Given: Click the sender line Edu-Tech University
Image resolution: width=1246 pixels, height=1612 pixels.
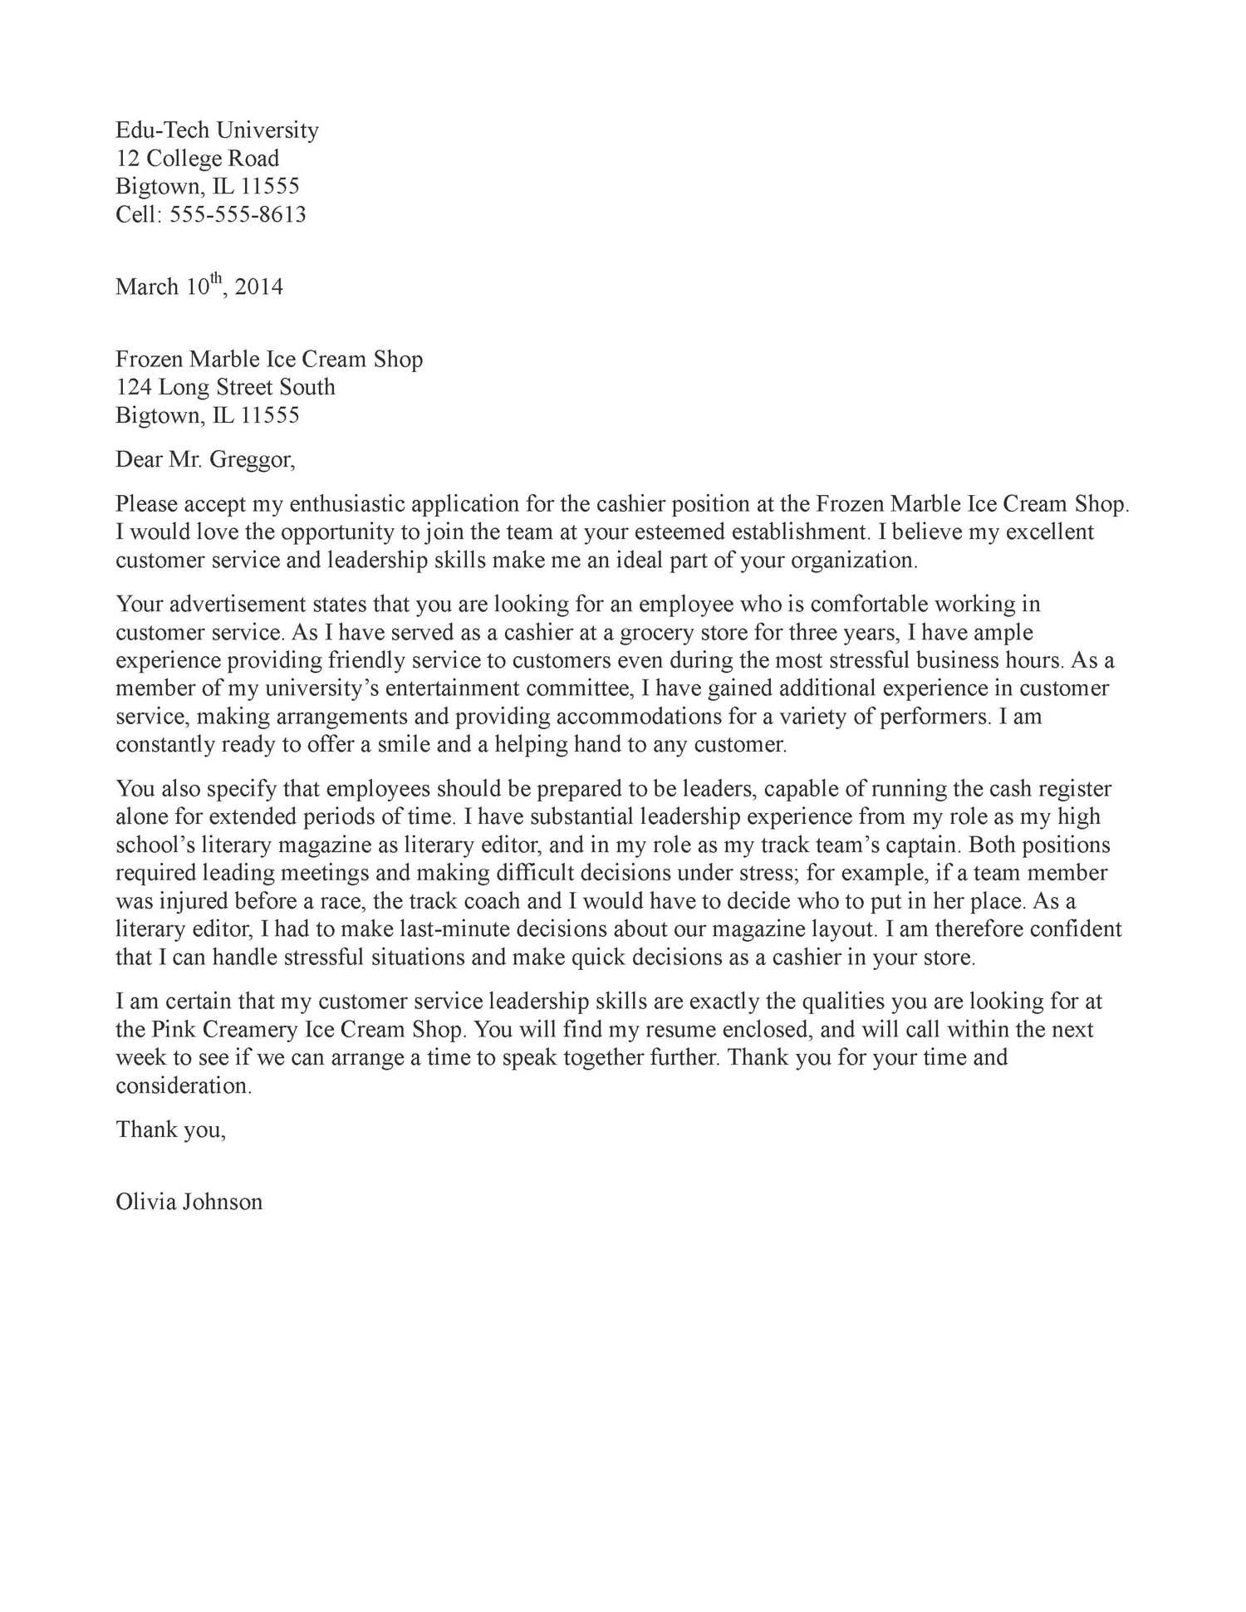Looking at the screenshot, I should point(217,130).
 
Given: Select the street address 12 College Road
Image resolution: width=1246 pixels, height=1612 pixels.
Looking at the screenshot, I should point(198,159).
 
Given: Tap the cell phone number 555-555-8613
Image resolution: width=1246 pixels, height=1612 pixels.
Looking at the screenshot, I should point(238,215).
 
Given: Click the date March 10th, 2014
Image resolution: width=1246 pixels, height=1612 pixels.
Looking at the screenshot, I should point(199,287).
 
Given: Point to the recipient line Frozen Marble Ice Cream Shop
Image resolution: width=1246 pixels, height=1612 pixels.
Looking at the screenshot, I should point(269,360).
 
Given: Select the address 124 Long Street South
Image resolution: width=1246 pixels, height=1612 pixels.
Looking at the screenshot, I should point(225,387).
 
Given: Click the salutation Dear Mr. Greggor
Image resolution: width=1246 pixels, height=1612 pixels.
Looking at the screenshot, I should point(205,459).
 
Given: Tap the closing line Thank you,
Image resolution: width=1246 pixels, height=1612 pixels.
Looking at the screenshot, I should point(170,1129).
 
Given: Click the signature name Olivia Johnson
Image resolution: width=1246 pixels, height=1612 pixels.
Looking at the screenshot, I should point(189,1202).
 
